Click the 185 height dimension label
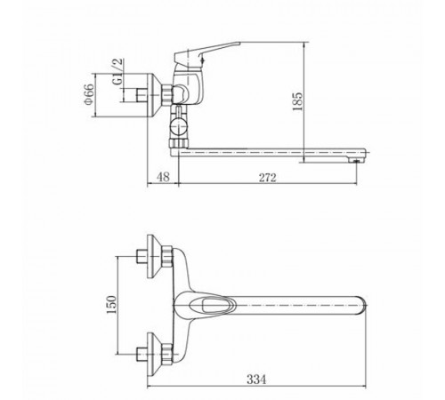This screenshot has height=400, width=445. click(x=297, y=101)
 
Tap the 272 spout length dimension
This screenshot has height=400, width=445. click(x=268, y=178)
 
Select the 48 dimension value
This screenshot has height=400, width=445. click(x=163, y=177)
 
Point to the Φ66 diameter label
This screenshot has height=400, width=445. click(x=89, y=94)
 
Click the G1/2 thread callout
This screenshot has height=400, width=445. click(x=117, y=71)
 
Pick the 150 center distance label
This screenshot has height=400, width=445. click(x=112, y=305)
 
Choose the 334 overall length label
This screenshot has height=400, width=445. click(x=256, y=380)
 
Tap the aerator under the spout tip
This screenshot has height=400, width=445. click(x=356, y=160)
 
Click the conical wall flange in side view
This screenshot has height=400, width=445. click(x=155, y=95)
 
